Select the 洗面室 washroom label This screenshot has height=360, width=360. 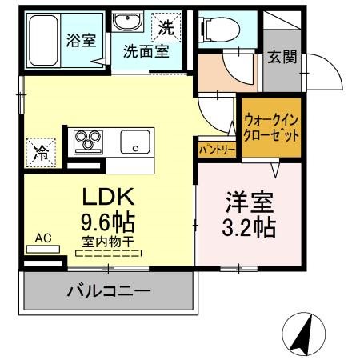coord(145,52)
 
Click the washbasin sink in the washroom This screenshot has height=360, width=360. coord(126,25)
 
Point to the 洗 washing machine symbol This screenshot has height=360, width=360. coord(166,26)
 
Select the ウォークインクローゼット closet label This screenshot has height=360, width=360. coord(273,126)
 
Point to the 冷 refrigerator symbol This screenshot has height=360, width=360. coord(39,153)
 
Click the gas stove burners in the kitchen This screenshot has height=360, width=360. coord(85,142)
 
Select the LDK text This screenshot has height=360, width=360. coord(109,196)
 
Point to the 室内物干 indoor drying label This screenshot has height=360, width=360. coord(108,241)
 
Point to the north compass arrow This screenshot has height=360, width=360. coord(302,334)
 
